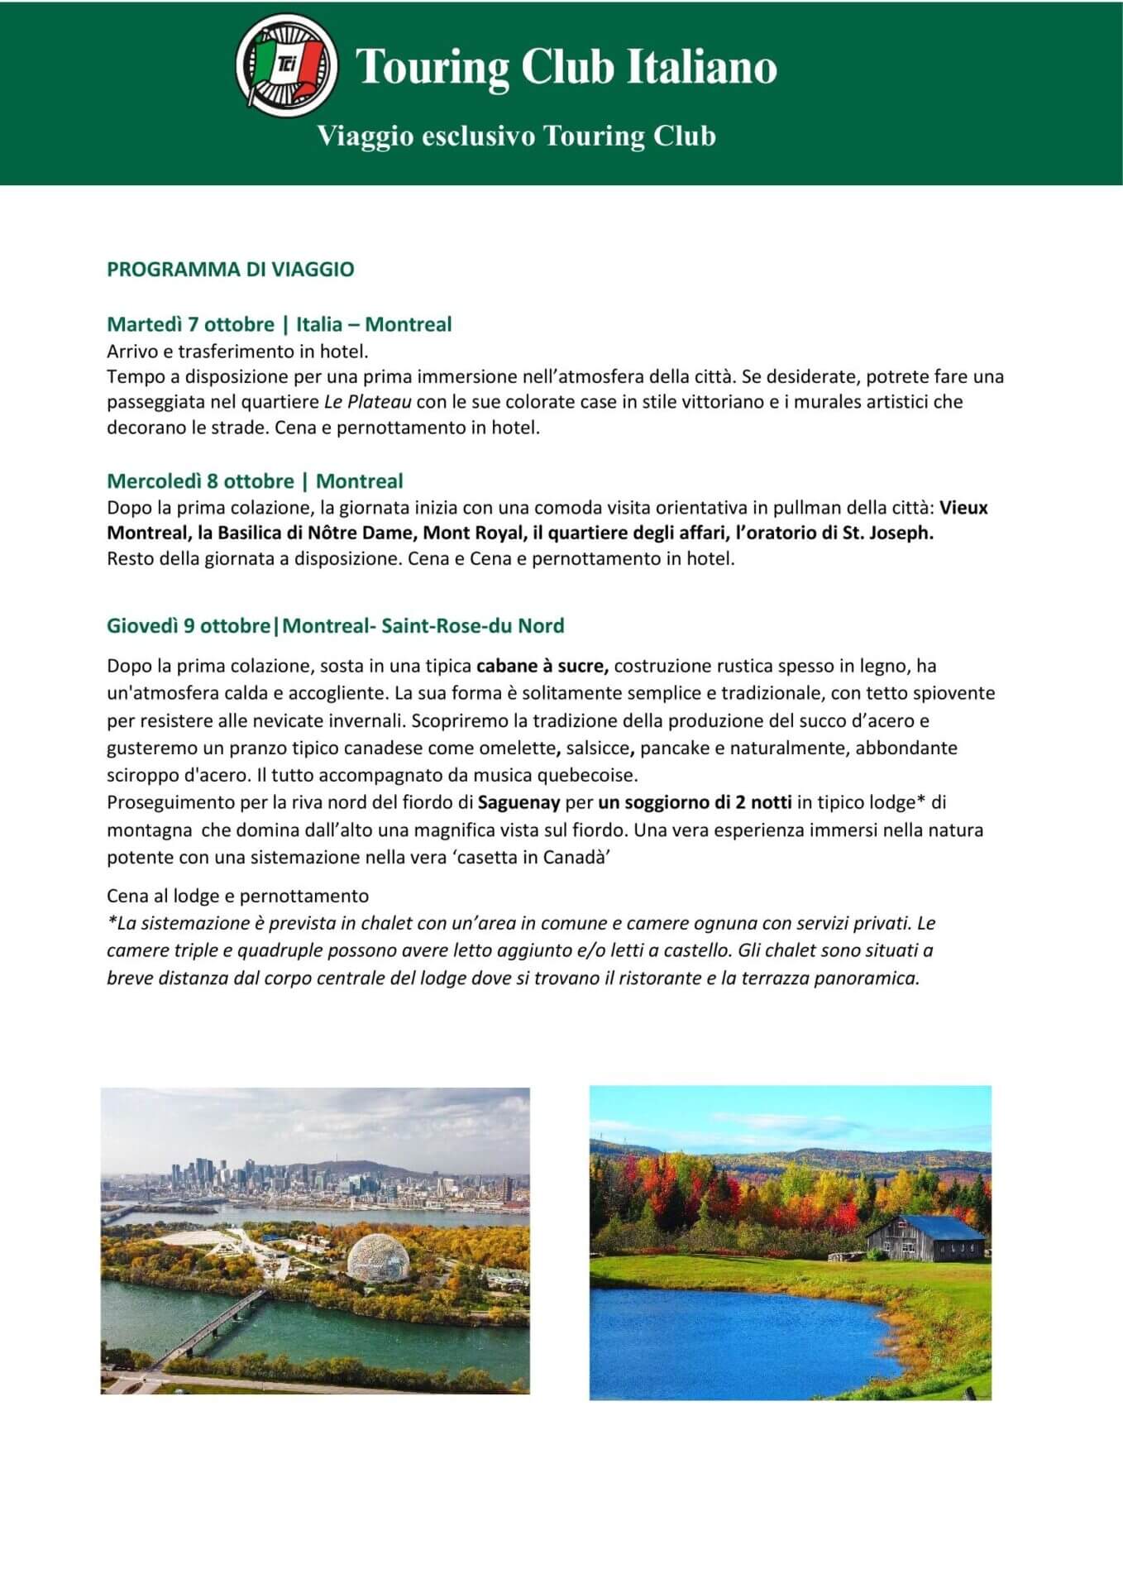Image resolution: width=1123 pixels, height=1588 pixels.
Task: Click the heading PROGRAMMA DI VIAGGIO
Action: point(230,270)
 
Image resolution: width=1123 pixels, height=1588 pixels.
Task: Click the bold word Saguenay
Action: point(519,802)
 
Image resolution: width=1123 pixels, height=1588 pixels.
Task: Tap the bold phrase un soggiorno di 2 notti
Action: point(695,802)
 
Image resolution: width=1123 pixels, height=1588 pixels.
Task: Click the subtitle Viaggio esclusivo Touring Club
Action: point(517,136)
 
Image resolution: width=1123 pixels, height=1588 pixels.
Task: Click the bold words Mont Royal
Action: point(473,533)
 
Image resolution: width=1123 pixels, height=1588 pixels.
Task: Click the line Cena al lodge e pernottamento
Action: point(238,897)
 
